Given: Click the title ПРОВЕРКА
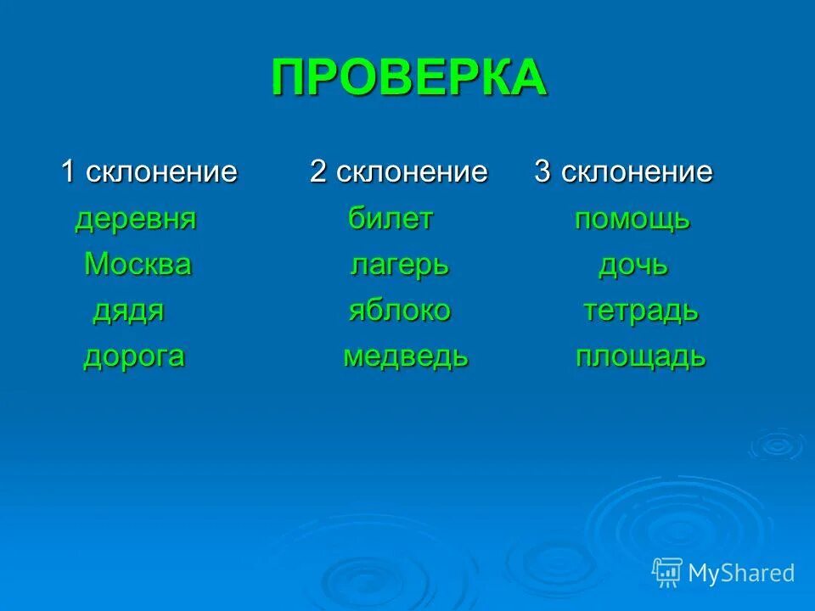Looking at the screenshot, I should (x=409, y=79).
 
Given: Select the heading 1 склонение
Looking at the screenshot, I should (x=149, y=172).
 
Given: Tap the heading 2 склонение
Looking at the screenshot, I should (x=398, y=172).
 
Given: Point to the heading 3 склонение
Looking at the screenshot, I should (x=623, y=172).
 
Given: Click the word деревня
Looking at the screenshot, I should (x=136, y=220).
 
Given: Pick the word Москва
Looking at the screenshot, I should (x=138, y=265).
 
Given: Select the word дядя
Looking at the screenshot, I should (x=128, y=311).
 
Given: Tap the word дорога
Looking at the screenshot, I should (x=134, y=356).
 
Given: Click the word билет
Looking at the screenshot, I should (x=391, y=220).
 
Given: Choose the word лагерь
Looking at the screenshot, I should (x=399, y=266).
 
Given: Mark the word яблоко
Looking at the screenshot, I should (x=399, y=311).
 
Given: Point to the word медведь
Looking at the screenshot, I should (x=405, y=356).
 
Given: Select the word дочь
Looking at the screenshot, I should (x=633, y=266).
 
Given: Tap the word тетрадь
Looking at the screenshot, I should (x=640, y=311).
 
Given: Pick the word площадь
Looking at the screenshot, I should (x=640, y=356).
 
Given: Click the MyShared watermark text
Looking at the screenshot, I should (x=741, y=573).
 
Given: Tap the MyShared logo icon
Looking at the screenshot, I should (x=667, y=573).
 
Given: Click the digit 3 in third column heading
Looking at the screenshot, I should (x=542, y=172).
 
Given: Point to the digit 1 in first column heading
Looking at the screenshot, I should (x=69, y=172).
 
